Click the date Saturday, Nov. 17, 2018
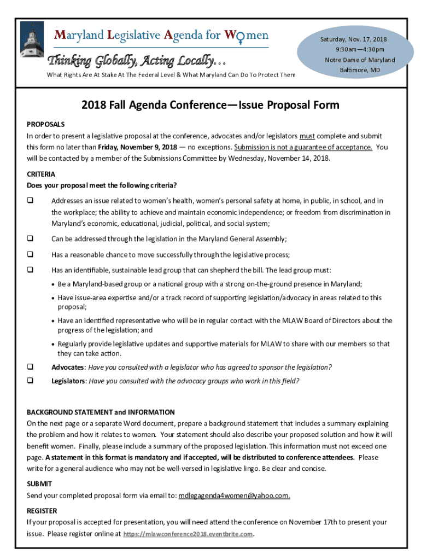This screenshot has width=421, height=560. tap(353, 39)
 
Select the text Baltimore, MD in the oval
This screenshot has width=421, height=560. tap(360, 71)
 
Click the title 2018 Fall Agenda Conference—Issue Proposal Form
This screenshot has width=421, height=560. tap(210, 105)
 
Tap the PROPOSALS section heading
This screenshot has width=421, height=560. tap(46, 125)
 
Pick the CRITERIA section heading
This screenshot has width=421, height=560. tap(41, 174)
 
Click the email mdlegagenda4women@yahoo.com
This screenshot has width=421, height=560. tap(234, 496)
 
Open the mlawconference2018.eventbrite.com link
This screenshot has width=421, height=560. tap(189, 534)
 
